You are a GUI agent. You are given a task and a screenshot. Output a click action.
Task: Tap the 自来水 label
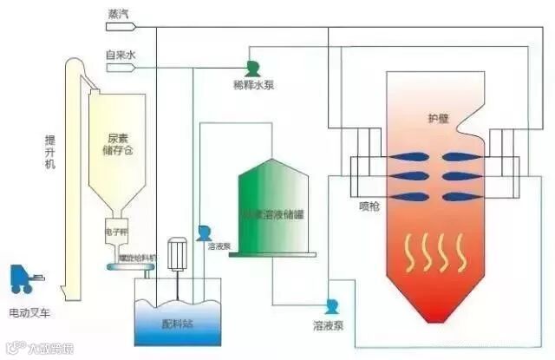121,55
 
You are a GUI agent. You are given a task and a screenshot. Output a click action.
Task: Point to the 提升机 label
52,151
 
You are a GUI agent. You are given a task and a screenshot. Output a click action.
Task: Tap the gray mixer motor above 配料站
179,252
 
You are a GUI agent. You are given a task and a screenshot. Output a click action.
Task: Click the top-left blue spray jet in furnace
406,156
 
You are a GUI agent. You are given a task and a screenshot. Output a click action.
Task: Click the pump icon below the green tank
331,306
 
